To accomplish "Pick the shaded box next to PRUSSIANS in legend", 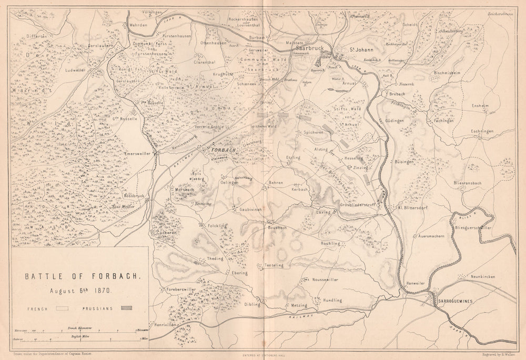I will click(126, 307).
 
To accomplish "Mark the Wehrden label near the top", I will click(137, 25).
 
